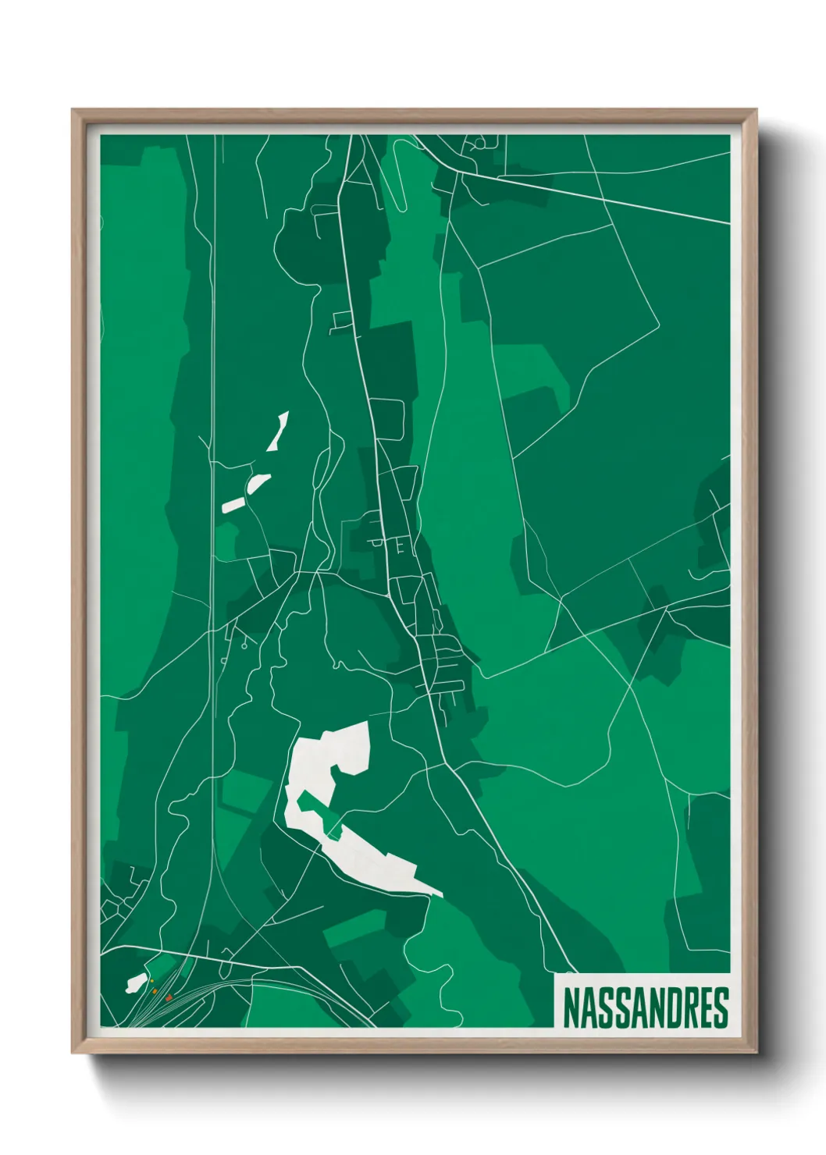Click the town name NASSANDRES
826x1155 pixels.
[644, 1008]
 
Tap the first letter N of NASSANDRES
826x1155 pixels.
[571, 1008]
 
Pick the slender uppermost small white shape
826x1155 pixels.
[278, 432]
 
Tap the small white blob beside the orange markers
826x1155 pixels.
[136, 983]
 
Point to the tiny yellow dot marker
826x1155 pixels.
[152, 981]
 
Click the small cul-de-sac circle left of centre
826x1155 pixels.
[244, 645]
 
